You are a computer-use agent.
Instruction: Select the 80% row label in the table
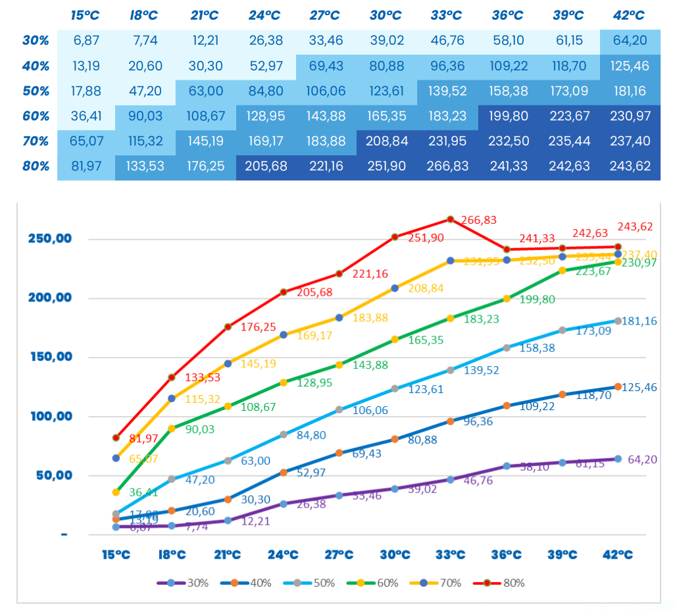coord(36,166)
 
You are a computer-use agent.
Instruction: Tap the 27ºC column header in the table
coord(326,15)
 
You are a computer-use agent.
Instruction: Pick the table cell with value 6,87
coord(86,41)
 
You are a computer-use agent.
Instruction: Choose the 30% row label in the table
coord(36,41)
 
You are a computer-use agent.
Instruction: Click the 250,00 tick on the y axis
coord(49,238)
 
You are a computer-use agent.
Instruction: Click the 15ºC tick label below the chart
coord(116,554)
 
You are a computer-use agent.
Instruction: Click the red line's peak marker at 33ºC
coord(451,219)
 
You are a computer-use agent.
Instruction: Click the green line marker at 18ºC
coord(172,429)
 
